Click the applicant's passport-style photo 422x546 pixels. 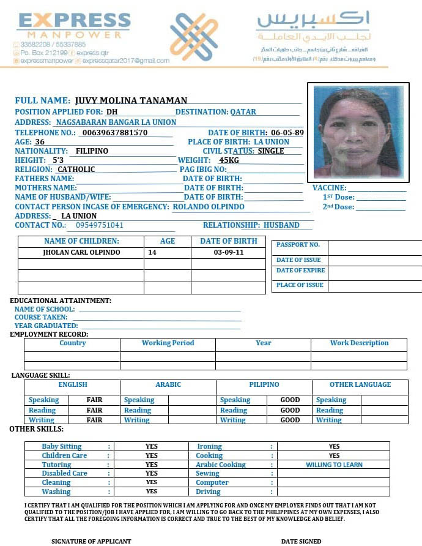(358, 132)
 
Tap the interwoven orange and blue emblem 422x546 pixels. (193, 36)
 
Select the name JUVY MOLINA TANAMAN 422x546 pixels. (131, 100)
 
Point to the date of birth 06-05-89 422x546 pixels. (287, 132)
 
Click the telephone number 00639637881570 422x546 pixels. (114, 132)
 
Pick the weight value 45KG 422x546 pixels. (229, 160)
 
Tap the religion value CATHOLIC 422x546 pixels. (76, 170)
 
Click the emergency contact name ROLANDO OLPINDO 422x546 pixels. (208, 207)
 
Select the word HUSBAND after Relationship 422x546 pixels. (281, 225)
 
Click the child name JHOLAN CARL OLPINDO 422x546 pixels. (81, 252)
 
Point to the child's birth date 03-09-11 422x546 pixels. (228, 252)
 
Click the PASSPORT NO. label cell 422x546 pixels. (298, 245)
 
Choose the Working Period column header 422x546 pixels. (168, 343)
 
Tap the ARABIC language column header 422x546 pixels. (168, 384)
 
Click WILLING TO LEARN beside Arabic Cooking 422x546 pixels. (334, 465)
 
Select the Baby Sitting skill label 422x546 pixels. (61, 447)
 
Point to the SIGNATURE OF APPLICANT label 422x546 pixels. (91, 541)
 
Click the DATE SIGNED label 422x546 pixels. (301, 541)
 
